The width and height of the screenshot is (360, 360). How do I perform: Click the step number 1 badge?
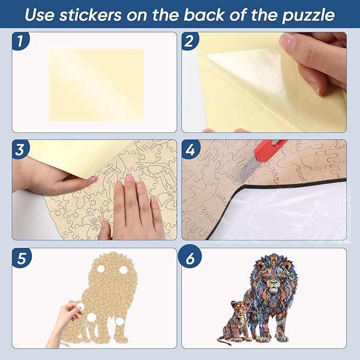click(20, 41)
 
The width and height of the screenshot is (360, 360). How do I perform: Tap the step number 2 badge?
click(190, 41)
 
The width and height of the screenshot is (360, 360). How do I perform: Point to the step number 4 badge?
click(190, 150)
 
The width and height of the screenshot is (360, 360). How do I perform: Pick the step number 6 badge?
click(190, 258)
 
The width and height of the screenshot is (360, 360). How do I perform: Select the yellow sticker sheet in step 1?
click(96, 85)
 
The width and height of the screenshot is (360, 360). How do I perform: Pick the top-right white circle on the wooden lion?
click(124, 270)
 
